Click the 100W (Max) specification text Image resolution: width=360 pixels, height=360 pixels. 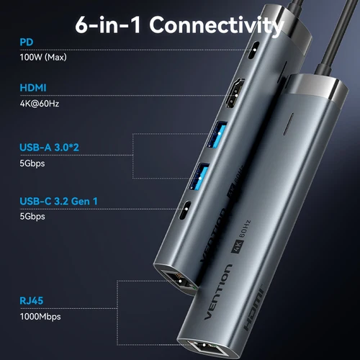45,56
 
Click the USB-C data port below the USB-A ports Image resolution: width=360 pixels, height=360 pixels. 186,210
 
